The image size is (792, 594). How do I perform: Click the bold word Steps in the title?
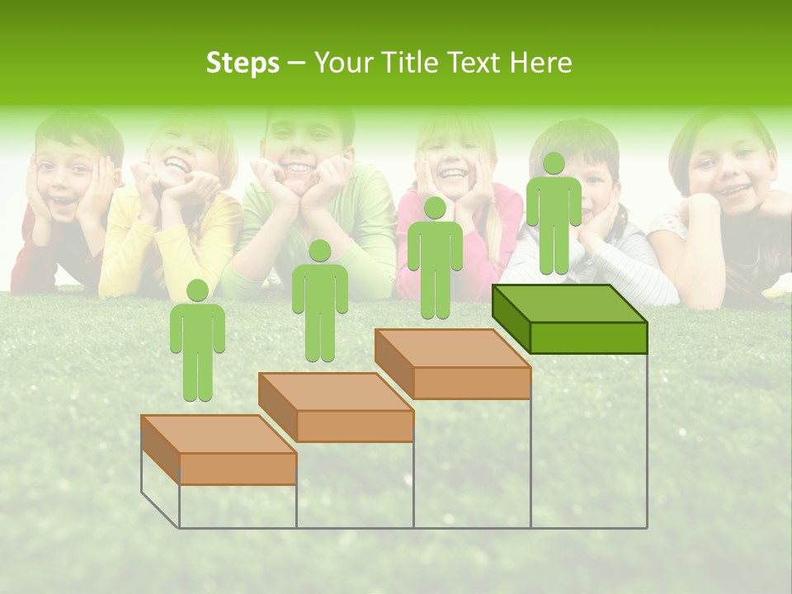pyautogui.click(x=243, y=63)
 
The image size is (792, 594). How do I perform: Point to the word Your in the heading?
pyautogui.click(x=345, y=63)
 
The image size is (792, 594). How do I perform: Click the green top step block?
pyautogui.click(x=569, y=318)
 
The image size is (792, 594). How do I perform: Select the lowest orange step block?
pyautogui.click(x=219, y=450)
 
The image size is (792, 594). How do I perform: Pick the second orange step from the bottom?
pyautogui.click(x=336, y=406)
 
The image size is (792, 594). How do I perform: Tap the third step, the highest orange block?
pyautogui.click(x=452, y=363)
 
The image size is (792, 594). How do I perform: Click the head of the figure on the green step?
pyautogui.click(x=554, y=163)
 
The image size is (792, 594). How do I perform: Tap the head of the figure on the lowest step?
pyautogui.click(x=197, y=290)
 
